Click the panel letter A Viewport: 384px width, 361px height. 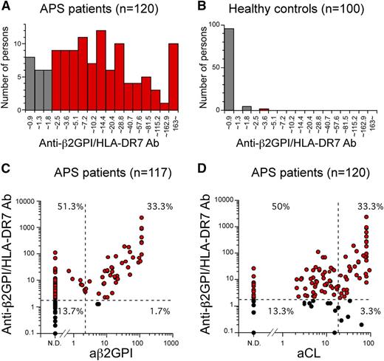[6, 10]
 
